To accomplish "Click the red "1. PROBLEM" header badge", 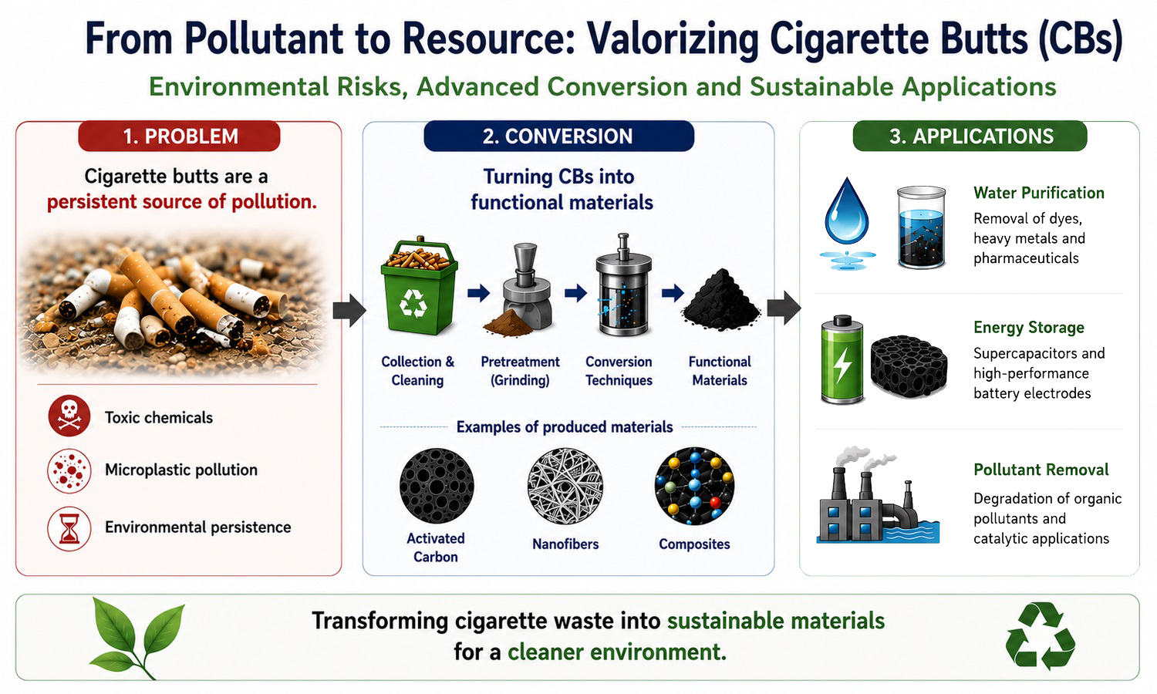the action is pyautogui.click(x=179, y=136).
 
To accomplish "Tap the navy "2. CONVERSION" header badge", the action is pyautogui.click(x=559, y=136).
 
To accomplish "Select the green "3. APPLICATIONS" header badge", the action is pyautogui.click(x=970, y=136).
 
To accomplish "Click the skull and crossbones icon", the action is pyautogui.click(x=69, y=416).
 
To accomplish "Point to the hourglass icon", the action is pyautogui.click(x=69, y=528).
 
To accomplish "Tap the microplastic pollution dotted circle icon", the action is pyautogui.click(x=69, y=471).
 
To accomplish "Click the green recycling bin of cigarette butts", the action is pyautogui.click(x=419, y=286).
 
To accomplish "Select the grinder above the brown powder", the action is pyautogui.click(x=527, y=287).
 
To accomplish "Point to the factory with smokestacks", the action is pyautogui.click(x=877, y=496).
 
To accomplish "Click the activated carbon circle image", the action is pyautogui.click(x=437, y=486).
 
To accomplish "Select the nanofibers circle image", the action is pyautogui.click(x=565, y=486).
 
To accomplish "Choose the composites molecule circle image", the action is pyautogui.click(x=694, y=486).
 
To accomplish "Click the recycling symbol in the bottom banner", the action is pyautogui.click(x=1041, y=635).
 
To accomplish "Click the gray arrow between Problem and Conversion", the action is pyautogui.click(x=349, y=310).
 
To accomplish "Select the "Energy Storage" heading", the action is pyautogui.click(x=1029, y=328).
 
